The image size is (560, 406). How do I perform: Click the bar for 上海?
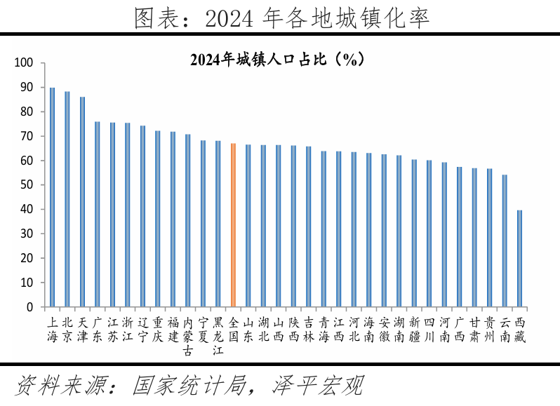pyautogui.click(x=52, y=197)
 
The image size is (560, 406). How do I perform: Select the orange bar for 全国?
pyautogui.click(x=233, y=225)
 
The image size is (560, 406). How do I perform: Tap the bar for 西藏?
pyautogui.click(x=519, y=259)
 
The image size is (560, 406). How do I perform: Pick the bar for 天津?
pyautogui.click(x=82, y=202)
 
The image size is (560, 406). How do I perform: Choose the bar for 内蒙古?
pyautogui.click(x=187, y=220)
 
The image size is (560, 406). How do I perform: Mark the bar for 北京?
pyautogui.click(x=67, y=199)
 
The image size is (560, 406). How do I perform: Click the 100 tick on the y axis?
pyautogui.click(x=25, y=63)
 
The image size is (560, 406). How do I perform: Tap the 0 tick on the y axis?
pyautogui.click(x=30, y=307)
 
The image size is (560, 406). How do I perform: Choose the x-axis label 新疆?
pyautogui.click(x=414, y=329)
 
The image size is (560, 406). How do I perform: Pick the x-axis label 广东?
pyautogui.click(x=98, y=329)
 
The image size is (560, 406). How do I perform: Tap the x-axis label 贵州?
pyautogui.click(x=490, y=329)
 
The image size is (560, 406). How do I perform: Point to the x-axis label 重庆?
pyautogui.click(x=158, y=329)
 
